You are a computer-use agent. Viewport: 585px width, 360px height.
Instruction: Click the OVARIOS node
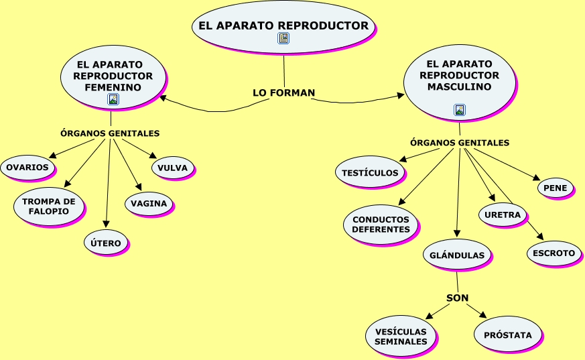27,168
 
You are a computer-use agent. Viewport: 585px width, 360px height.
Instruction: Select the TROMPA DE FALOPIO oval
49,206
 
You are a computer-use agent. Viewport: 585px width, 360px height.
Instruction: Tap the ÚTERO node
105,243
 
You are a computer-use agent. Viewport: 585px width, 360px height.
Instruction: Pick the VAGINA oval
149,204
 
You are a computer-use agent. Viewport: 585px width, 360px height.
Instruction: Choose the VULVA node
173,168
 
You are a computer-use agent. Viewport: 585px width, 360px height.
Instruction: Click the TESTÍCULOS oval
370,173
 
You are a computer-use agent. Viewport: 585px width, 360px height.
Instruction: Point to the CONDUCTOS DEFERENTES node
381,225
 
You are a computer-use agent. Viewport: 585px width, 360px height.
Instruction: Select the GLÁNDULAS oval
457,255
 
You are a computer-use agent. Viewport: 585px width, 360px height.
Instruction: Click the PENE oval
556,188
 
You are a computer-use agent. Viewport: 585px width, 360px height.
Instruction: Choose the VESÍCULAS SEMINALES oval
401,337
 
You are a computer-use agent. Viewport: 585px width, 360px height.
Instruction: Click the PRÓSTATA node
507,335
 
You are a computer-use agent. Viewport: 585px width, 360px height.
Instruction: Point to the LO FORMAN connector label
283,93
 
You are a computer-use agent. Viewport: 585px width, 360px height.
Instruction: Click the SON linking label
457,298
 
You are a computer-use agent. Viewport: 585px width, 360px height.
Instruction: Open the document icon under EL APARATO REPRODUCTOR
283,39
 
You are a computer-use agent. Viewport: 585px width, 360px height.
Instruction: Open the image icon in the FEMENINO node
113,99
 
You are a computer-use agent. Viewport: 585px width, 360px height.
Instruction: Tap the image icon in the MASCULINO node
459,110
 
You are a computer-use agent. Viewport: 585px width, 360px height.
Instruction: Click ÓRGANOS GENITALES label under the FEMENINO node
110,133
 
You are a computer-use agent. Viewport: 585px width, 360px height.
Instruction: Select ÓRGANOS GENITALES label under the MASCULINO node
460,143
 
